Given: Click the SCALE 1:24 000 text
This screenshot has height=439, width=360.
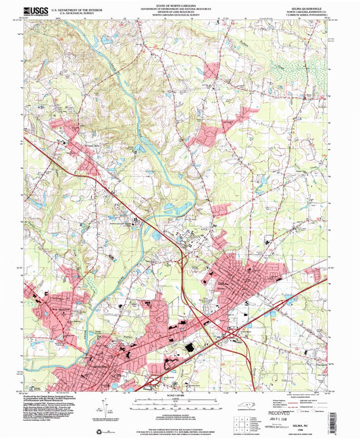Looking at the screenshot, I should [x=180, y=395].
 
